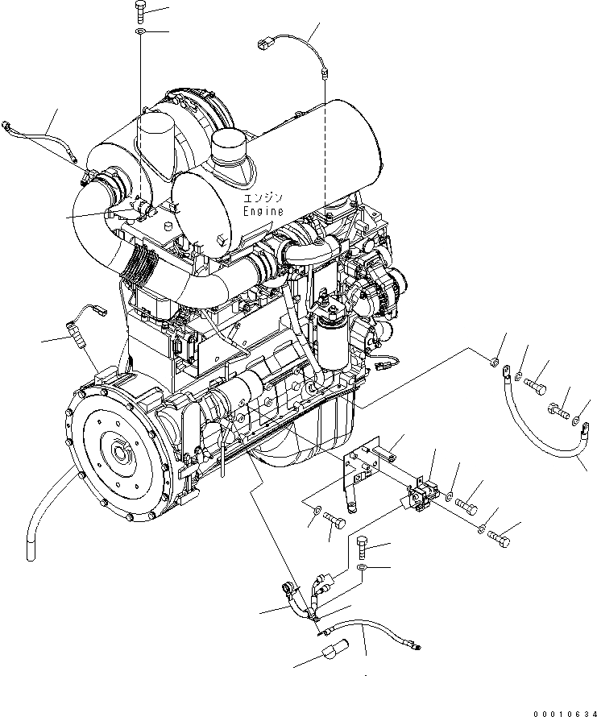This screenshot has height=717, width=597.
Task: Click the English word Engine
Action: pos(263,211)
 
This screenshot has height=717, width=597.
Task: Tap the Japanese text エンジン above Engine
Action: pos(263,197)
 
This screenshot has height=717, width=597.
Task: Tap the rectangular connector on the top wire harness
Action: pos(263,44)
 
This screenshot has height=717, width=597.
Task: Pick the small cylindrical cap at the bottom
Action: pos(334,648)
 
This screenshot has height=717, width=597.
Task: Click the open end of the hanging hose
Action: pos(31,557)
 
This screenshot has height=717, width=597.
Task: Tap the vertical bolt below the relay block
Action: pos(363,549)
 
